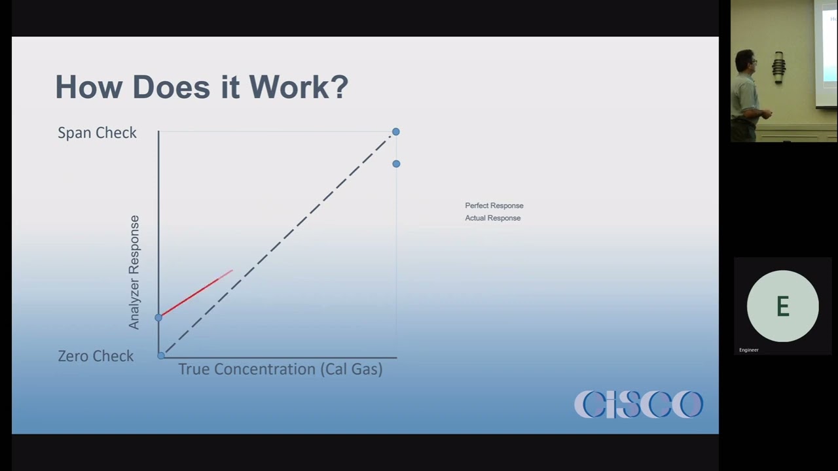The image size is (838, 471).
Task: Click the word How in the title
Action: (x=88, y=87)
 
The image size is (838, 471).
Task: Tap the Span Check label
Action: (x=97, y=133)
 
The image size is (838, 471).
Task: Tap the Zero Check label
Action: (x=96, y=356)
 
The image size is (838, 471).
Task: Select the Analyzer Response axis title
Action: (x=134, y=272)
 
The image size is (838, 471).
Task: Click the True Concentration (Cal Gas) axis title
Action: (x=280, y=369)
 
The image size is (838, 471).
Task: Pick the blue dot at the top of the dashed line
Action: (x=395, y=132)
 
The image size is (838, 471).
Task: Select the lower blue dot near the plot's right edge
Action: (x=396, y=164)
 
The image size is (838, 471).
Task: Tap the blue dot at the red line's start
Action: (x=158, y=317)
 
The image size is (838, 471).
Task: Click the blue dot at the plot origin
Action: (x=161, y=355)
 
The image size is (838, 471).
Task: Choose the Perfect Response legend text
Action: (x=494, y=205)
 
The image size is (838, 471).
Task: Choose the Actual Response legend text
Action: (x=493, y=218)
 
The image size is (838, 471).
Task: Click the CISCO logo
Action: (x=638, y=404)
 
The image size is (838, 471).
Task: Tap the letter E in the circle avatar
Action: (x=782, y=306)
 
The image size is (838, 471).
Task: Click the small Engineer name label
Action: (x=749, y=350)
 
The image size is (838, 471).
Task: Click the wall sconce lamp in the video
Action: (x=778, y=67)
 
